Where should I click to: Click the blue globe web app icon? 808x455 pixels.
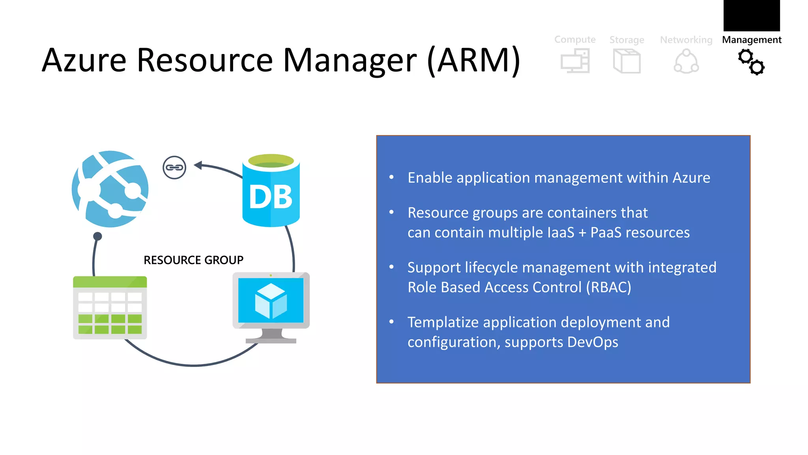coord(110,189)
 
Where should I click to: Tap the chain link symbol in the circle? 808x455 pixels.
coord(174,167)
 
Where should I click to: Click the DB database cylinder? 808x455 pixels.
coord(271,192)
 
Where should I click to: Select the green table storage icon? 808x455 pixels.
coord(110,308)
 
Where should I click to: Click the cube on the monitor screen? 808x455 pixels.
coord(271,301)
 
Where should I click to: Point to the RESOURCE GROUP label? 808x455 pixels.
coord(193,260)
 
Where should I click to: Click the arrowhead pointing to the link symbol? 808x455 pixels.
coord(198,165)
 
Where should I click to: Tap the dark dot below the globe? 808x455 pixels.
coord(97,236)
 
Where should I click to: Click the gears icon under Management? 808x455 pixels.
coord(751,62)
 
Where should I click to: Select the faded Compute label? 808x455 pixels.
coord(575,39)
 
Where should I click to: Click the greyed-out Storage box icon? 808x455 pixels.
coord(627,61)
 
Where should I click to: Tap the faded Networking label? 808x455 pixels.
coord(686,40)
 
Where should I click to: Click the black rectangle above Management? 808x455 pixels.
coord(752,15)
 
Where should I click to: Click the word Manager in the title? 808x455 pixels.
coord(350,60)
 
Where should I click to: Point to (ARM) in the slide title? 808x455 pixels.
coord(474,60)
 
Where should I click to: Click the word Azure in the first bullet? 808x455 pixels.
coord(691,178)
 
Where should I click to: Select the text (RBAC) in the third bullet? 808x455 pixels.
coord(608,287)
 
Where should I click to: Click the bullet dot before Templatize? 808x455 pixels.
coord(391,322)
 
